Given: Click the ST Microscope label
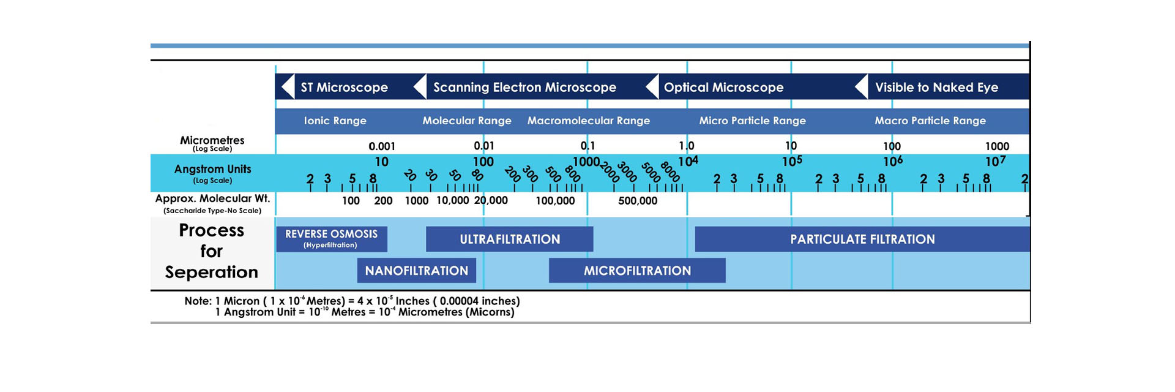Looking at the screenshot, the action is click(x=344, y=88).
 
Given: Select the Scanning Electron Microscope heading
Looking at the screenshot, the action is click(x=524, y=88).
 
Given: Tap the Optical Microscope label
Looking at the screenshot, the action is click(x=723, y=88).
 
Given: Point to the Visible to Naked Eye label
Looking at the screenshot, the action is click(x=936, y=88).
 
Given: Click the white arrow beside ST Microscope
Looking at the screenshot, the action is click(x=288, y=87).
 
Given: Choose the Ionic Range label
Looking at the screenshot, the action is click(x=335, y=121).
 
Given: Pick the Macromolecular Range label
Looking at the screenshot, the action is click(x=589, y=121).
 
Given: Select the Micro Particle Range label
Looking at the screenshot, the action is click(x=752, y=121).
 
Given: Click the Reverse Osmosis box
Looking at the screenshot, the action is click(x=332, y=239).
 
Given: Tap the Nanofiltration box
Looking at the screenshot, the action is click(x=417, y=271).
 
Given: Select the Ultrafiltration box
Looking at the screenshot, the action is click(x=510, y=239).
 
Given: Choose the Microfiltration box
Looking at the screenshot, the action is click(x=637, y=271).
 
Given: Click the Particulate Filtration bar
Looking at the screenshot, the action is click(x=862, y=239).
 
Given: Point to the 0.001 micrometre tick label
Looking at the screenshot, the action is click(x=382, y=146).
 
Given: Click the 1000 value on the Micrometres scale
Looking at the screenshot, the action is click(x=997, y=146).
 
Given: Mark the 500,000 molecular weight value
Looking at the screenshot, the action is click(x=638, y=201).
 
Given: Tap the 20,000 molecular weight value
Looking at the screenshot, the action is click(x=491, y=201).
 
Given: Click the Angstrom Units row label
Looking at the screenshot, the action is click(x=212, y=169).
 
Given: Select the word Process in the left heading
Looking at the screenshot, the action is click(x=211, y=231).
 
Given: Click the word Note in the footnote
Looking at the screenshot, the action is click(x=198, y=301).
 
